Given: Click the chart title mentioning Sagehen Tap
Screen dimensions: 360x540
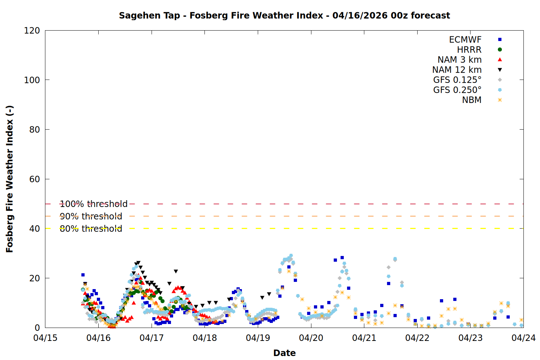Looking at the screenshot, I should tap(284, 15).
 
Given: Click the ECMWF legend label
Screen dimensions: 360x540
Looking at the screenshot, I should tap(465, 40).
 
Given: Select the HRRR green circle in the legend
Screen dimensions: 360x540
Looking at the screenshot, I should tap(500, 50).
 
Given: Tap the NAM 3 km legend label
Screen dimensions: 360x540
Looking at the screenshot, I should tap(459, 60).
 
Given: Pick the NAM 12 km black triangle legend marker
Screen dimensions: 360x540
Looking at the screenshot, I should tap(500, 70).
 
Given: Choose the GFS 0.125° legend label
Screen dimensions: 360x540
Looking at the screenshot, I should tap(457, 80).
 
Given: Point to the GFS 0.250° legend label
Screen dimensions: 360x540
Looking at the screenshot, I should tap(457, 90).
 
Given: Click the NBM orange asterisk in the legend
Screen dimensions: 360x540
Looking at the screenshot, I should tap(500, 100).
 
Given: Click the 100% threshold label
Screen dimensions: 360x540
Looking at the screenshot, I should tap(94, 204).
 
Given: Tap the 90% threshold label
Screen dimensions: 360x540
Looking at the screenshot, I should tap(91, 216).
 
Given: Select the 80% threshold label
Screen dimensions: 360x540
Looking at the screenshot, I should tap(91, 229).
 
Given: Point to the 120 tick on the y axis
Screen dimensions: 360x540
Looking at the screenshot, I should tap(32, 31).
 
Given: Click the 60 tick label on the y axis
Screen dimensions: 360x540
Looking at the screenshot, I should tap(35, 179).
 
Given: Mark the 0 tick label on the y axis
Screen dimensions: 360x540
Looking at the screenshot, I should tap(37, 328).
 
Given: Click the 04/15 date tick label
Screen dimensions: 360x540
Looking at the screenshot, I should tap(45, 338).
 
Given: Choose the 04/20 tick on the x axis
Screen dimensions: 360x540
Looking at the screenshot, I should tap(311, 338).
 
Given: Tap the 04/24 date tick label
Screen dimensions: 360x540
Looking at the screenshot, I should tap(523, 338).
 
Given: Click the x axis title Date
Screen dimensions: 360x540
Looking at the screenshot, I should tap(284, 353).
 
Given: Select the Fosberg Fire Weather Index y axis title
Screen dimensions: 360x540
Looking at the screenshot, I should tap(10, 179).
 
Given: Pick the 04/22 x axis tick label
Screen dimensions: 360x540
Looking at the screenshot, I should tap(417, 338).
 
